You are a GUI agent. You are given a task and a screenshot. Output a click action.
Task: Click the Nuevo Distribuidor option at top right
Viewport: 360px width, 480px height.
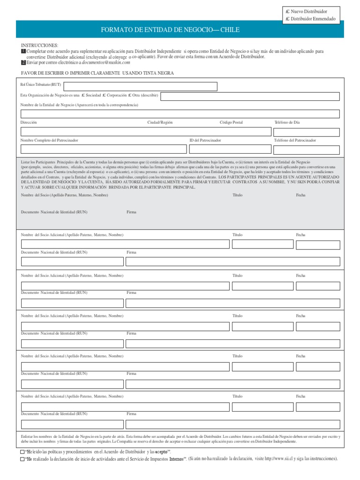coord(288,11)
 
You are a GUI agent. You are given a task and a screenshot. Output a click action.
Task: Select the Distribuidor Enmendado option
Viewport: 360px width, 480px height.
coord(288,19)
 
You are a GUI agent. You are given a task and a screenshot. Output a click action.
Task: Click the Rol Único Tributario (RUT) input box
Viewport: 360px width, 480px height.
coord(140,86)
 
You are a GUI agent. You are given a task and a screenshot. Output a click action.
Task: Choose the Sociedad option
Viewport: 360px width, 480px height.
coord(83,95)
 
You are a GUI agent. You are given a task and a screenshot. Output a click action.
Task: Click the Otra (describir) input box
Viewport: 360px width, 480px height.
coord(249,96)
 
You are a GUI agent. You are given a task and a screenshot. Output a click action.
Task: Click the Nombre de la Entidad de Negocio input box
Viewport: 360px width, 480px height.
coord(180,114)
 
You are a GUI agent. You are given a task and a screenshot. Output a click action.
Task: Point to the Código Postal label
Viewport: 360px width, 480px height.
coord(231,122)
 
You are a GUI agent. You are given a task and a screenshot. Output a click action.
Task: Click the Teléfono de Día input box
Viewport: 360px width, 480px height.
coord(307,132)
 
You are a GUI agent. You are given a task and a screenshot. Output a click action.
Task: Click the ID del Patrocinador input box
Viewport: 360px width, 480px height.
coord(230,149)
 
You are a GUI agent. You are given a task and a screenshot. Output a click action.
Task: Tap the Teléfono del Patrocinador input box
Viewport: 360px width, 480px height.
coord(307,149)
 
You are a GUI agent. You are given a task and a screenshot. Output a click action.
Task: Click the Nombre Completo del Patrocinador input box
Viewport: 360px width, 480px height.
coord(102,149)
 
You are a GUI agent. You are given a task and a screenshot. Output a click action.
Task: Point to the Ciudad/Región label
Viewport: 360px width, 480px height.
coord(160,122)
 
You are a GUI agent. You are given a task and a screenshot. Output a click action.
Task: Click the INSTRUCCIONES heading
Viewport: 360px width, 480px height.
coord(40,45)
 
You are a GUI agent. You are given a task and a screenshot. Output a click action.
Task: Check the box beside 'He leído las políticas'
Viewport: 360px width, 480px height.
coord(22,451)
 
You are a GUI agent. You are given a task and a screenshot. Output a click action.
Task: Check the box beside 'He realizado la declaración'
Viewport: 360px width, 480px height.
coord(22,459)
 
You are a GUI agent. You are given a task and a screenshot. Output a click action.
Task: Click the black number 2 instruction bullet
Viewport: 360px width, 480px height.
coord(23,62)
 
